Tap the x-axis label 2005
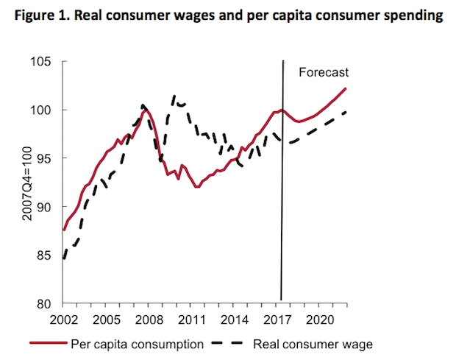coord(107,320)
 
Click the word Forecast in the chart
coord(323,72)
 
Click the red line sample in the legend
coord(49,344)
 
